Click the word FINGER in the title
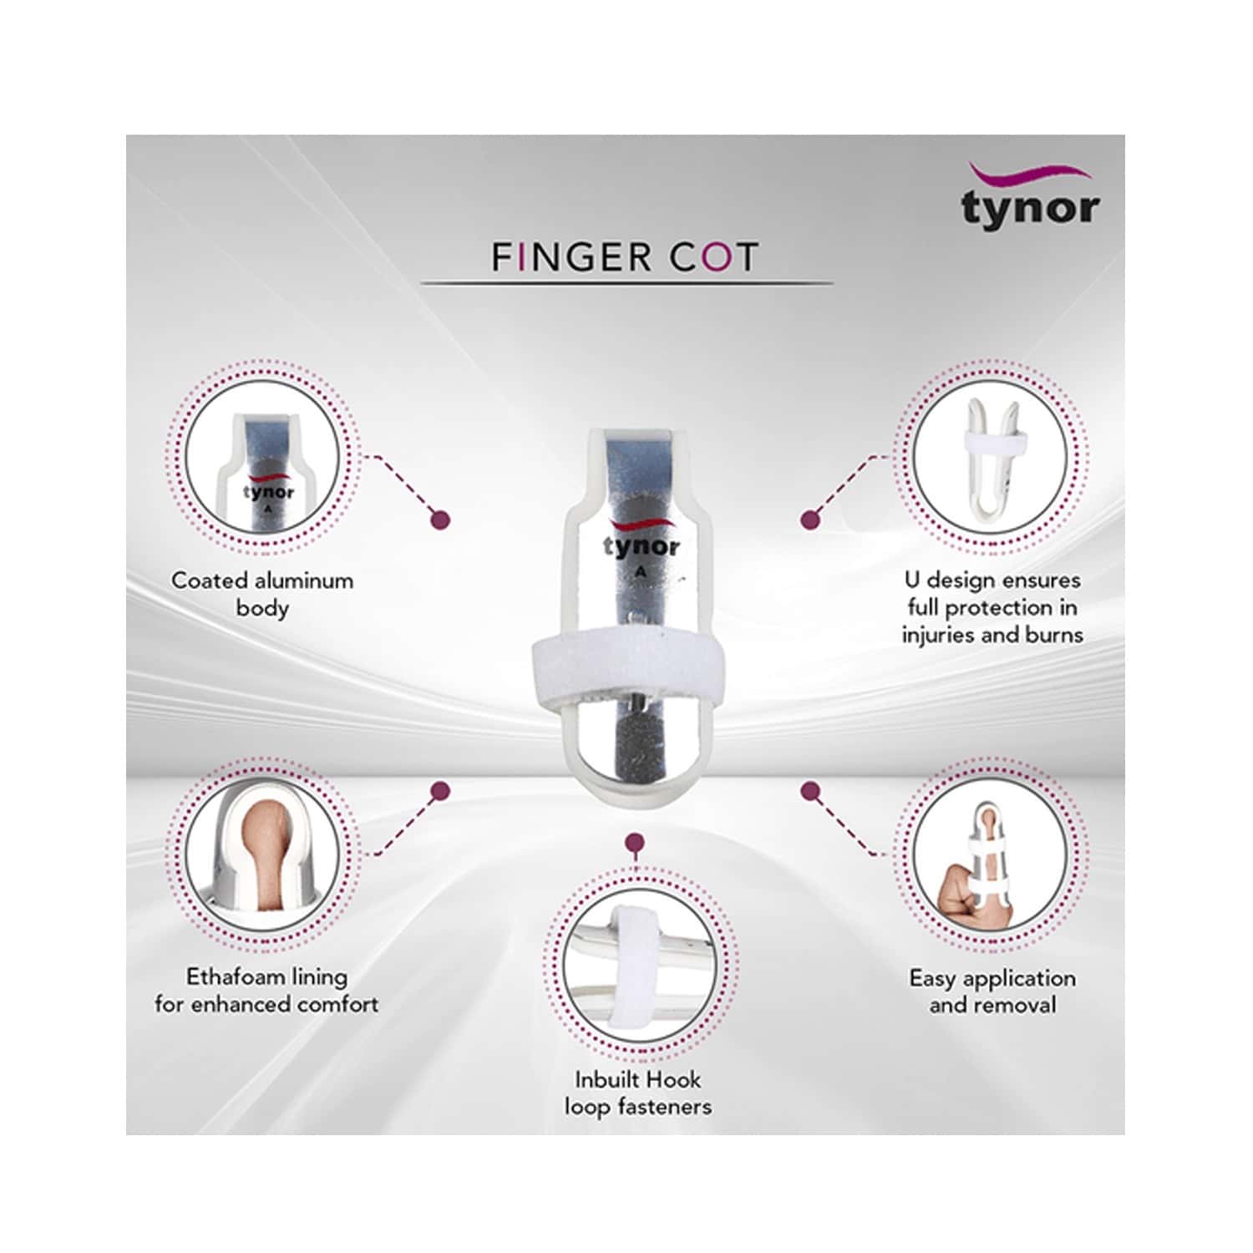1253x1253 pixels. [571, 257]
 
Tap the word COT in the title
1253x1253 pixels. [713, 257]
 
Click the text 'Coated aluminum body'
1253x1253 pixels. [262, 593]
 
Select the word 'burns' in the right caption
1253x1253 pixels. [1054, 635]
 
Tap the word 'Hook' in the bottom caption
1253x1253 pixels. [673, 1079]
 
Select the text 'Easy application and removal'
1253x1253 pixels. [992, 991]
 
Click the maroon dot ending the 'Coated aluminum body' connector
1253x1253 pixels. [440, 520]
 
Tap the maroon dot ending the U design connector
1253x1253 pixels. [809, 520]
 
